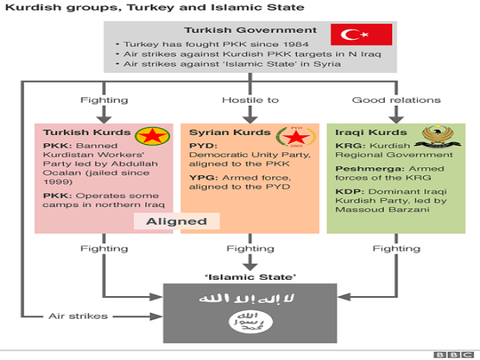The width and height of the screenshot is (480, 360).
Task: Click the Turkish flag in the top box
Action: tap(362, 34)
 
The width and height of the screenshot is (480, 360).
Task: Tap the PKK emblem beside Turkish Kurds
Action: tap(153, 136)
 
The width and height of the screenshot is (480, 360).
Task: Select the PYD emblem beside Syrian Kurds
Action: tap(293, 136)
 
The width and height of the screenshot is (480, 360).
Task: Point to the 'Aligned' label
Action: tap(176, 221)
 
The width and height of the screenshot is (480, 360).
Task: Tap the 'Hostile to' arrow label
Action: tap(250, 100)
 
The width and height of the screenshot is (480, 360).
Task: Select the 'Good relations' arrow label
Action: tap(396, 100)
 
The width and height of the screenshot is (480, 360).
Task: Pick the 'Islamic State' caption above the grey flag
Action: tap(250, 276)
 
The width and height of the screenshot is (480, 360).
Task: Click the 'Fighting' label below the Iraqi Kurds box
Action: tap(396, 248)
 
